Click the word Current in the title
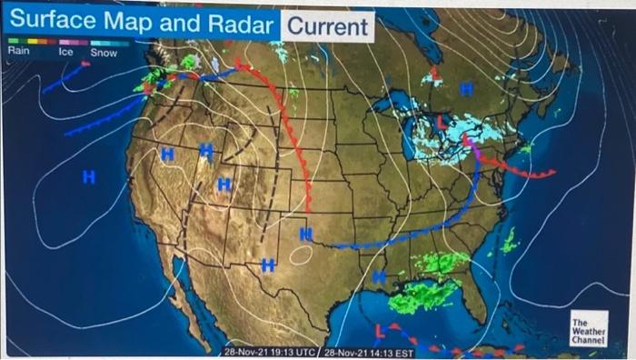point(328,26)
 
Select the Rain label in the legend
point(18,52)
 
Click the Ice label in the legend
point(65,52)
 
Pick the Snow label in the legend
point(104,52)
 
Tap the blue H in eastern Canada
point(466,89)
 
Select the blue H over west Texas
point(268,265)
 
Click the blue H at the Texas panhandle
point(306,235)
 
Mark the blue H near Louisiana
point(378,275)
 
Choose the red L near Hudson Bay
point(434,73)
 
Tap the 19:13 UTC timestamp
point(269,351)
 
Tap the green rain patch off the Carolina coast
point(510,240)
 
